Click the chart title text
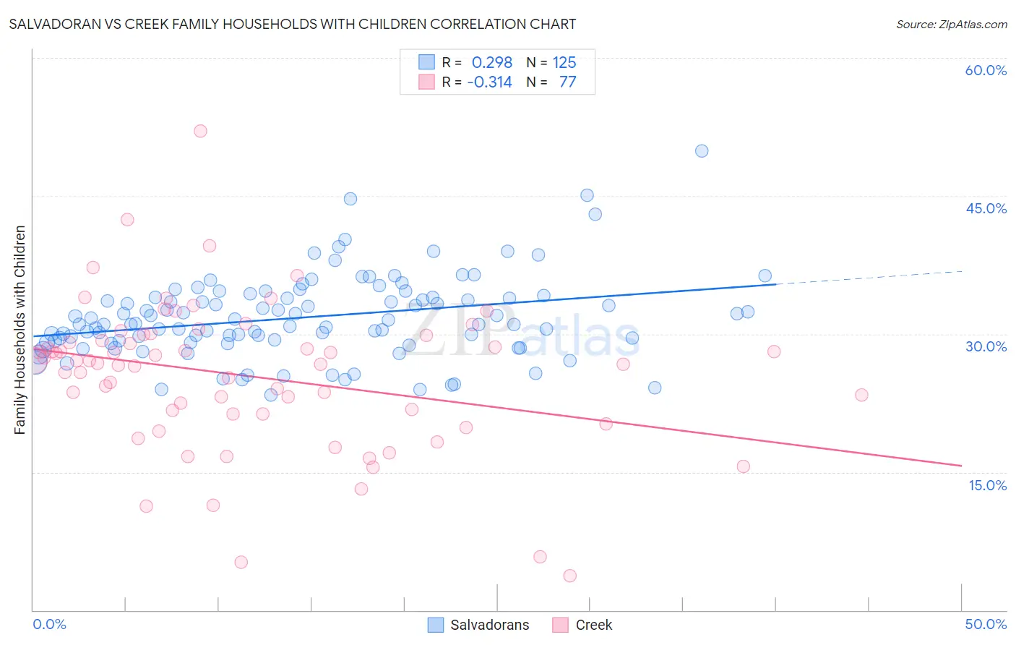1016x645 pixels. click(x=293, y=24)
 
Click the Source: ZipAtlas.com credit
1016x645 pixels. click(x=951, y=24)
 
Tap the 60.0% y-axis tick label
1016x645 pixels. click(x=986, y=70)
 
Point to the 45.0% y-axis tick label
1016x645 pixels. click(x=986, y=208)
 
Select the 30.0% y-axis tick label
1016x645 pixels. click(x=986, y=346)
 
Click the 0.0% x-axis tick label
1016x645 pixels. click(x=49, y=624)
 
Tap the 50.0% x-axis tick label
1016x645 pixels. click(x=986, y=624)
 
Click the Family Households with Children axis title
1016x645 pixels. click(x=20, y=330)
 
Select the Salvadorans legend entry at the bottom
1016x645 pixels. click(x=479, y=625)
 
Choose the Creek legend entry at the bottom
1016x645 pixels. click(x=582, y=625)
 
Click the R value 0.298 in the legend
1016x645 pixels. click(x=491, y=63)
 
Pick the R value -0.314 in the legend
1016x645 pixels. click(x=489, y=82)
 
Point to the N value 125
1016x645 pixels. click(x=564, y=63)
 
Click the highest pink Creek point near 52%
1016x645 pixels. click(x=200, y=131)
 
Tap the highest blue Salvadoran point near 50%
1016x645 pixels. click(x=702, y=151)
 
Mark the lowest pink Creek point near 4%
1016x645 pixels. click(x=569, y=576)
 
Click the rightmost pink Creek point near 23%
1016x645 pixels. click(x=861, y=395)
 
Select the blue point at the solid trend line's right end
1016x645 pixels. click(x=765, y=275)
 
